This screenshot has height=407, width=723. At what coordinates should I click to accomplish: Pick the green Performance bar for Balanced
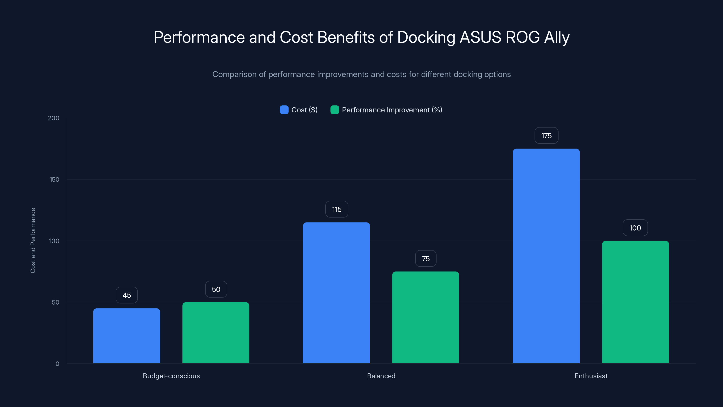click(425, 317)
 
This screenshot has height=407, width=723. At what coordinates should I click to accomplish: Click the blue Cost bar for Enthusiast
click(546, 256)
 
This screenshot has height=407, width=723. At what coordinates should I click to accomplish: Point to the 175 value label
click(546, 136)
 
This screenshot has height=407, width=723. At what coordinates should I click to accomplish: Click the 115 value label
click(336, 209)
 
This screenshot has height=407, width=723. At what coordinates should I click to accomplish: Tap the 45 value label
click(127, 295)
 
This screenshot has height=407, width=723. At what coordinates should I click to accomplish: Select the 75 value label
click(425, 259)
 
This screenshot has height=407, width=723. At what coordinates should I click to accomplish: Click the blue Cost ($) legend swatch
click(284, 110)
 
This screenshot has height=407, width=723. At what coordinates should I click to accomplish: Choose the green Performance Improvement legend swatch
click(335, 110)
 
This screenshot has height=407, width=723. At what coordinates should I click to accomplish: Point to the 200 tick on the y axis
click(54, 118)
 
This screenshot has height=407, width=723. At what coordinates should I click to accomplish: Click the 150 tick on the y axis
click(54, 180)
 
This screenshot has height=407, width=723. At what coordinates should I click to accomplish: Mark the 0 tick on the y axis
click(57, 364)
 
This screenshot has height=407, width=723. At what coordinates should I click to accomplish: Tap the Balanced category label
click(381, 376)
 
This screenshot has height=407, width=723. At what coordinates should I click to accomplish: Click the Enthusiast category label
click(591, 376)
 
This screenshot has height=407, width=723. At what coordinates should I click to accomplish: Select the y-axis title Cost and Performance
click(33, 240)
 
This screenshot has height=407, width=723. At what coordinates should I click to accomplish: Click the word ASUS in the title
click(480, 37)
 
